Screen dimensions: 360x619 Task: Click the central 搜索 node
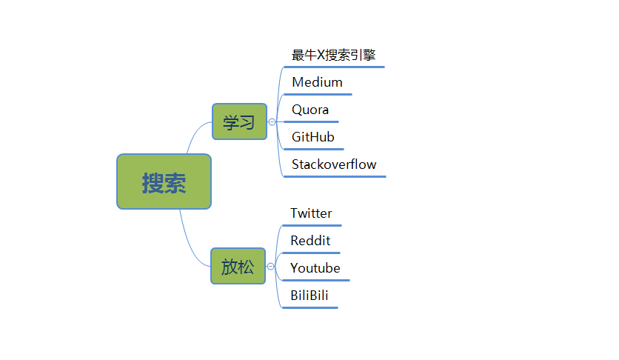tap(164, 181)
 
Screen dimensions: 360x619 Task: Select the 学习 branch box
tap(239, 121)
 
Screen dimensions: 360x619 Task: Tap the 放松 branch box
tap(238, 266)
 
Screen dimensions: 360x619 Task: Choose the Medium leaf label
tap(317, 82)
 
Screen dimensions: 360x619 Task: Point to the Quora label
tap(310, 110)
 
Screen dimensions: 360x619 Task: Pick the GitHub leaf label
tap(313, 137)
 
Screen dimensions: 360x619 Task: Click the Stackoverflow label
tap(334, 164)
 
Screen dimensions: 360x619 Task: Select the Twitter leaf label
tap(311, 213)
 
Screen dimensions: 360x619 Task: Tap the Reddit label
tap(310, 241)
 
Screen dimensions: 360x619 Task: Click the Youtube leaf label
tap(315, 268)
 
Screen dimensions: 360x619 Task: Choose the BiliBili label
tap(309, 296)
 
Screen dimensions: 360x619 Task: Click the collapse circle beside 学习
tap(272, 121)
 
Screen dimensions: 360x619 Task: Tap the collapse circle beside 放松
tap(271, 266)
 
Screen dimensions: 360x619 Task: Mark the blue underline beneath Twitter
tap(312, 225)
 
